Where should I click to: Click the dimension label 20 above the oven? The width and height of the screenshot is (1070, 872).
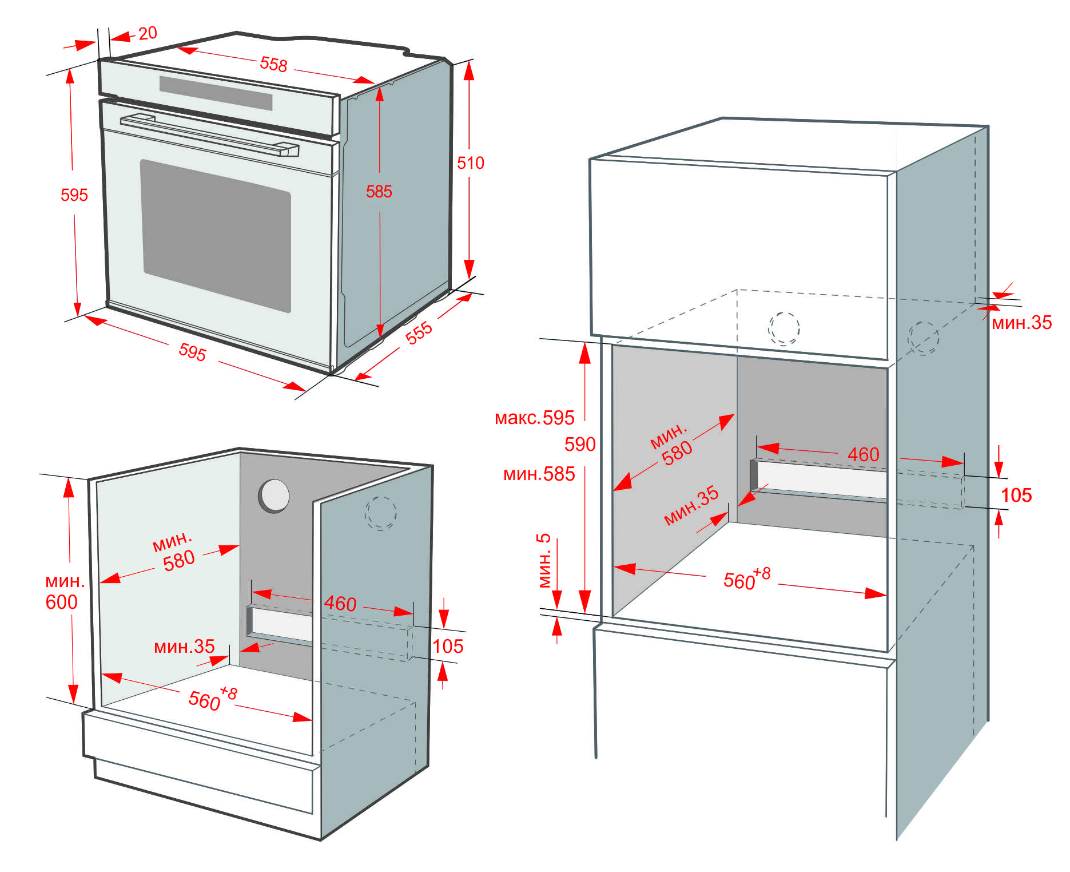(x=148, y=33)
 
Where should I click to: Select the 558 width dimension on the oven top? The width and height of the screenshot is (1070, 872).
(x=273, y=64)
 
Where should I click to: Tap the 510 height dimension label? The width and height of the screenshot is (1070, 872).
(x=470, y=163)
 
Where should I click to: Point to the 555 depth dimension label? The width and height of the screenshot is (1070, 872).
(x=419, y=332)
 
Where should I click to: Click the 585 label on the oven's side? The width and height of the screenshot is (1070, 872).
(x=379, y=191)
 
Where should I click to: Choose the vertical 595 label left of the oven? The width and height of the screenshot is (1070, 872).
(x=74, y=195)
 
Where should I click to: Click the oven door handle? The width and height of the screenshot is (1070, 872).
(x=209, y=135)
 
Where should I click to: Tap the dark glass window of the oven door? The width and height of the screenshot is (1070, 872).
(x=216, y=235)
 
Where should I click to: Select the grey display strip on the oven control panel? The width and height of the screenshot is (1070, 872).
(x=216, y=93)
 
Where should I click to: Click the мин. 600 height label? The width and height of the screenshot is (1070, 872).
(x=63, y=592)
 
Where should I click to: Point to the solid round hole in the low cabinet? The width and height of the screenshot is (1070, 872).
(x=274, y=496)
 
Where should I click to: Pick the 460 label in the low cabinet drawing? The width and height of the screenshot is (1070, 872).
(x=340, y=603)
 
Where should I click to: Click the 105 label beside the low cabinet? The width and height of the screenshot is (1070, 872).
(x=448, y=646)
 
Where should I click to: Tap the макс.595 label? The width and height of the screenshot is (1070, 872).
(x=534, y=418)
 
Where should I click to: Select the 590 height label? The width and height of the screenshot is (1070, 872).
(x=580, y=444)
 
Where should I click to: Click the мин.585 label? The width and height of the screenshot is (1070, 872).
(x=539, y=474)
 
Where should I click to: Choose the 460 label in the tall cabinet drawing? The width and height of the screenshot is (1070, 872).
(x=863, y=454)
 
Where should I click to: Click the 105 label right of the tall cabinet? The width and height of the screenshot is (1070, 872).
(x=1016, y=495)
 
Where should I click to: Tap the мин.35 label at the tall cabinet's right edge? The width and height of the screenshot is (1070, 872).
(x=1021, y=323)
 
